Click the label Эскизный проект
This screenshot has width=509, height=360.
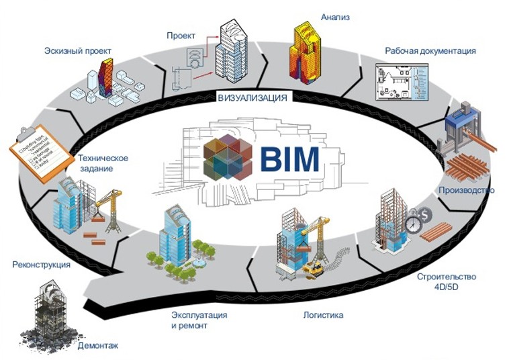(x=77, y=51)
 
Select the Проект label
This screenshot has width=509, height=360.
(x=181, y=35)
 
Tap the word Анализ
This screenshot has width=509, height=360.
(x=336, y=16)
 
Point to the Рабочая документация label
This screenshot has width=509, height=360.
(x=430, y=51)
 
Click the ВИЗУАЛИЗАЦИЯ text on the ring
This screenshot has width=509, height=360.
(x=252, y=98)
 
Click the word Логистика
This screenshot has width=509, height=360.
(x=322, y=315)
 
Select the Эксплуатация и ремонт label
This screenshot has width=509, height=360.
(x=199, y=320)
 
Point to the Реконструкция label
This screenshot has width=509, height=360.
(x=42, y=265)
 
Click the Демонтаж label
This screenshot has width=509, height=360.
(x=98, y=347)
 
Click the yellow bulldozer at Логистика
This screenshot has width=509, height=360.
(x=314, y=269)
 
